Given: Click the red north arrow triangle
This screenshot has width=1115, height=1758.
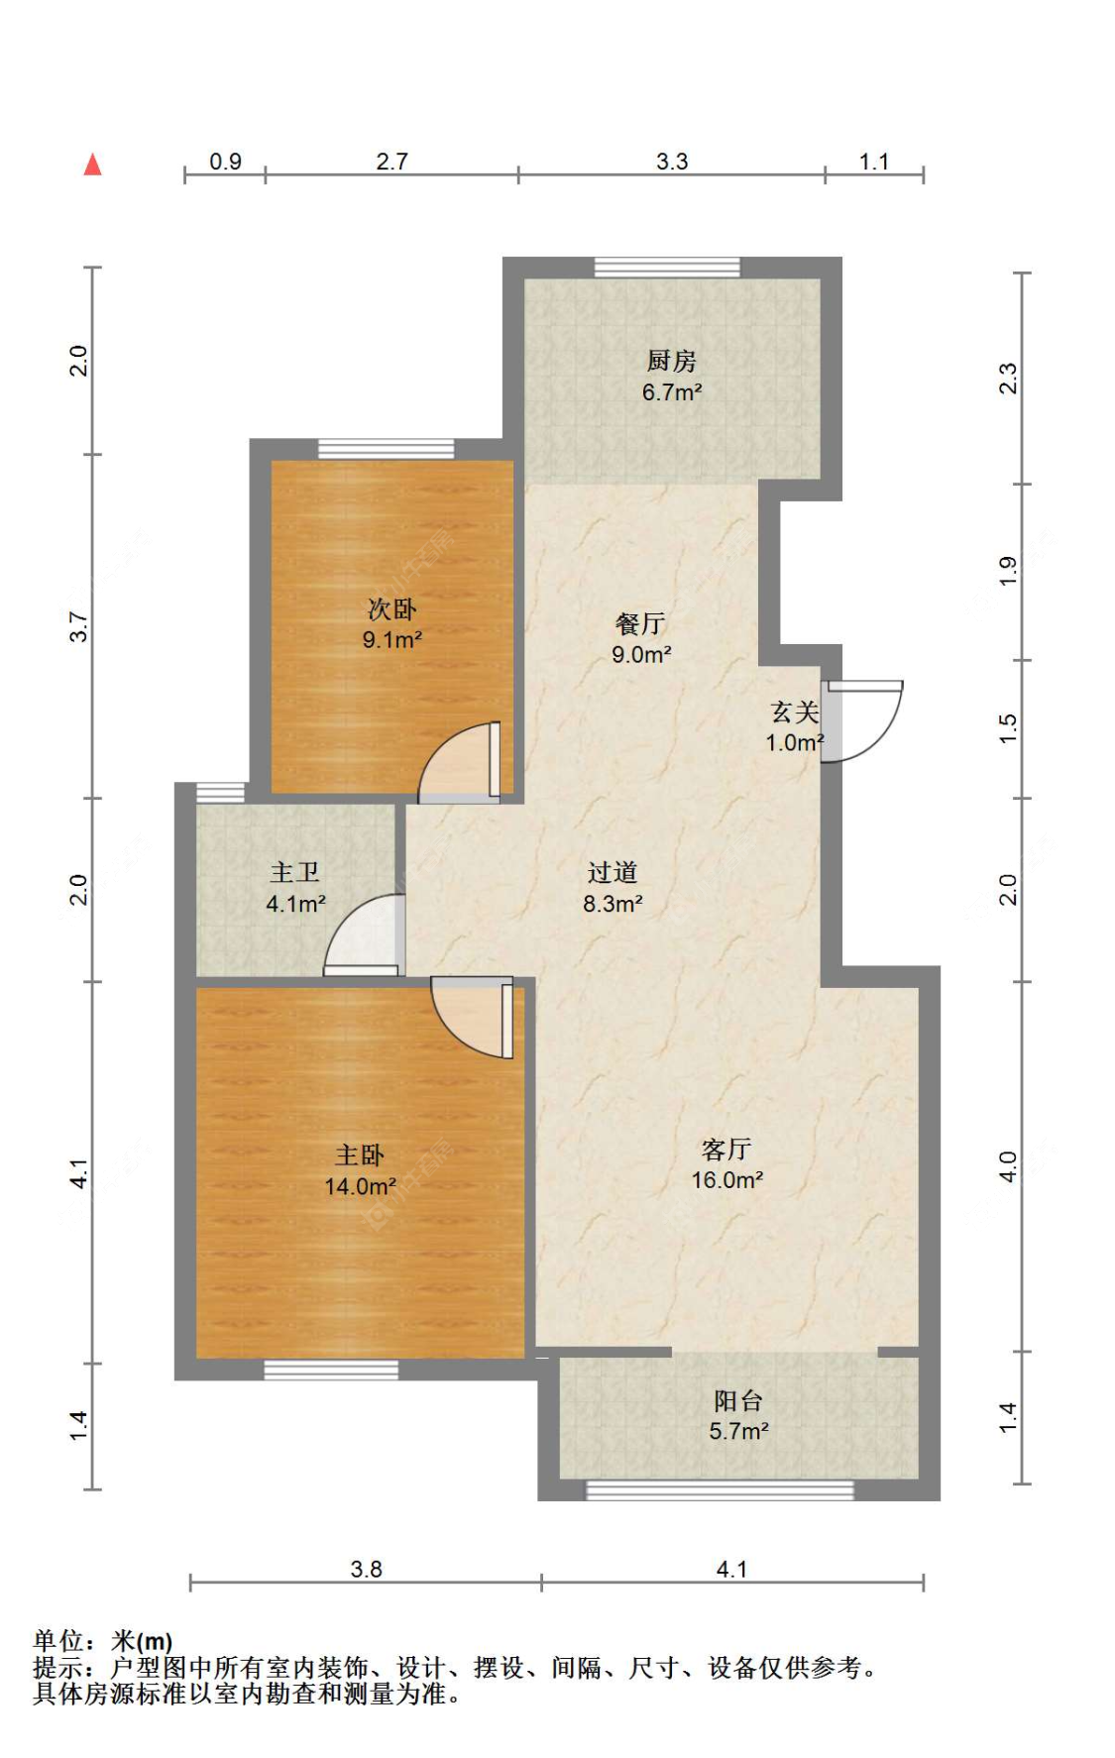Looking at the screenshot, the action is [x=92, y=165].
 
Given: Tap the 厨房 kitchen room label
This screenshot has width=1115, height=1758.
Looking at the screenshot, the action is [x=671, y=361].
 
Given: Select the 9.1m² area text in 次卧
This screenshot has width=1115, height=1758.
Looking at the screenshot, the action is [x=392, y=639].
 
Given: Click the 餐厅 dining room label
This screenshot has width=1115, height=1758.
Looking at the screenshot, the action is [x=640, y=623].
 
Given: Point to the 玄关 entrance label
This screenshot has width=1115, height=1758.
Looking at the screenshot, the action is [x=794, y=712].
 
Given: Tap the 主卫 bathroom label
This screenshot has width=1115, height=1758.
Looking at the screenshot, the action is [x=295, y=872].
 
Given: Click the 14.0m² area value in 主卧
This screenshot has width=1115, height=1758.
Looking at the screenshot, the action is [x=361, y=1186].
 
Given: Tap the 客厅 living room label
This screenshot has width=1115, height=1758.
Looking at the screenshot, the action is [x=726, y=1149].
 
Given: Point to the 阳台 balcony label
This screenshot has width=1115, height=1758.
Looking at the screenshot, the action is [x=738, y=1400].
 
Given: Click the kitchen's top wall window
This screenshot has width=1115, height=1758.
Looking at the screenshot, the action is [x=668, y=268].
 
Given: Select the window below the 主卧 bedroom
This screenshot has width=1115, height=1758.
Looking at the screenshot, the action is [x=331, y=1370].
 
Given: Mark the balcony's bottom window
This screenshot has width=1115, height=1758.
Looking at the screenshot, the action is [x=721, y=1489].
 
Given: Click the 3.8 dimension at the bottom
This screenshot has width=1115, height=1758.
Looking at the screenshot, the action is [x=366, y=1569].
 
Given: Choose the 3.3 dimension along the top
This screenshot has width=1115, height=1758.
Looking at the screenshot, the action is [x=672, y=162].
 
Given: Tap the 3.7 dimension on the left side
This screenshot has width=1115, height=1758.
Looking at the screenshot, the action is [x=79, y=627].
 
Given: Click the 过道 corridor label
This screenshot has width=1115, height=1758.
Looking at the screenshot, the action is [x=612, y=872].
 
